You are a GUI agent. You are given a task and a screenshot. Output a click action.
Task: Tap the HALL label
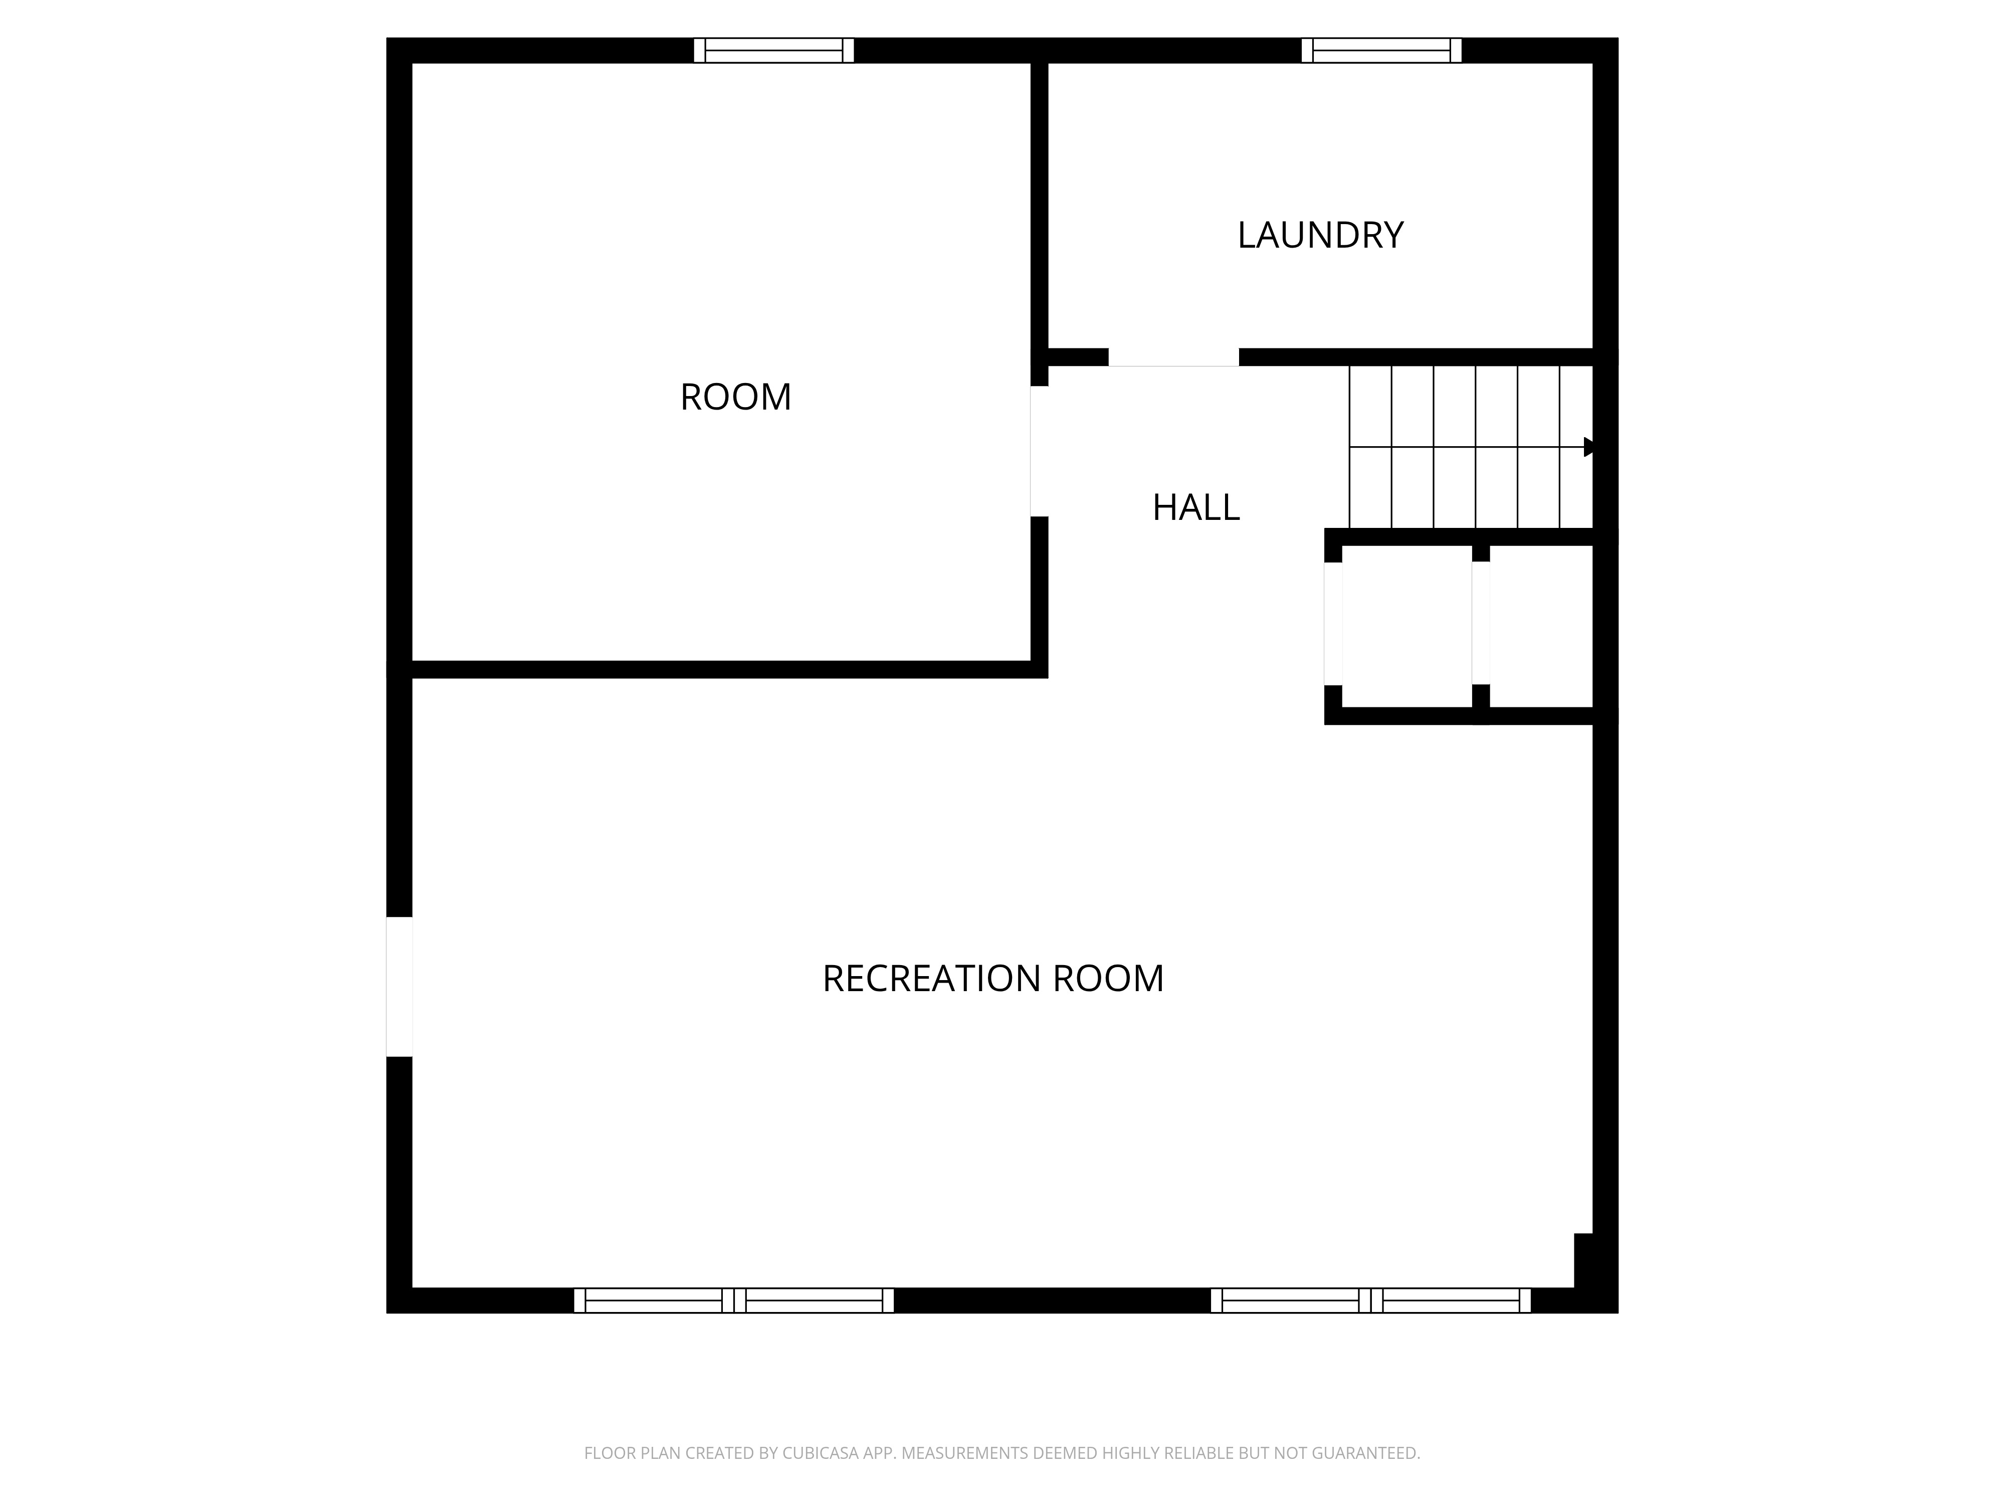[x=1195, y=508]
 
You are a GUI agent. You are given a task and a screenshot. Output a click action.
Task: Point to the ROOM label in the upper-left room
[x=735, y=397]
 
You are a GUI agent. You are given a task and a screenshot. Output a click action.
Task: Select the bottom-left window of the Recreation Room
[x=734, y=1300]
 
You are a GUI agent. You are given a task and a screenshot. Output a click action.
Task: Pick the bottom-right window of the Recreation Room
[x=1370, y=1300]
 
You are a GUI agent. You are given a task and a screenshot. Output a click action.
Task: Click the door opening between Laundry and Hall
[x=1174, y=357]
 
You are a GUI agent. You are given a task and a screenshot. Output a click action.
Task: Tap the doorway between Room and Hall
[x=1040, y=452]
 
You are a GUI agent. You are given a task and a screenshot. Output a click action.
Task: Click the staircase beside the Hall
[x=1470, y=447]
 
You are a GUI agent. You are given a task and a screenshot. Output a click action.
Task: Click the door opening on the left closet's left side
[x=1333, y=624]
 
